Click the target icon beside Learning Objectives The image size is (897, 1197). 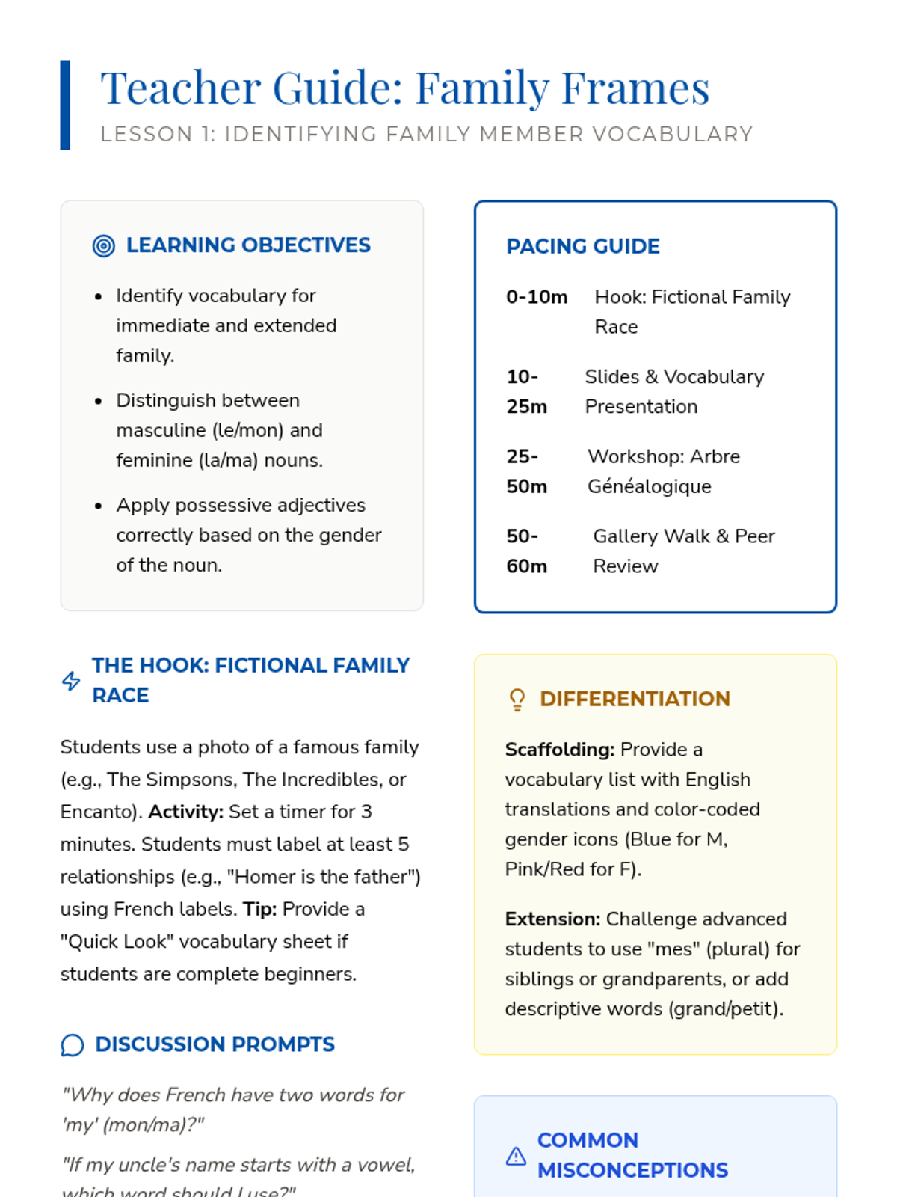tap(103, 245)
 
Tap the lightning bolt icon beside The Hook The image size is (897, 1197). tap(71, 681)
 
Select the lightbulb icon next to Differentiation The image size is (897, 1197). tap(517, 699)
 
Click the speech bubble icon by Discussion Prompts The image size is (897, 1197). tap(73, 1045)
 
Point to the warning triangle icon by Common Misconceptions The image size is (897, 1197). tap(516, 1156)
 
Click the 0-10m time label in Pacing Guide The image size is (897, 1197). tap(537, 297)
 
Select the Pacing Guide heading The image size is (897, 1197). tap(582, 246)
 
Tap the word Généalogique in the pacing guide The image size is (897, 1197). tap(649, 486)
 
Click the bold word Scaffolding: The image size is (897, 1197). tap(559, 750)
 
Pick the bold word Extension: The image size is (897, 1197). tap(552, 919)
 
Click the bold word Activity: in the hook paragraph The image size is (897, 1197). tap(185, 812)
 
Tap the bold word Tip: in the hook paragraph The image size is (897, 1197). tap(259, 909)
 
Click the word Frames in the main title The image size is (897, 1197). tap(635, 88)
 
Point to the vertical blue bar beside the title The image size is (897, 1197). tap(65, 105)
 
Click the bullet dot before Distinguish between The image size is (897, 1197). tap(98, 402)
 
